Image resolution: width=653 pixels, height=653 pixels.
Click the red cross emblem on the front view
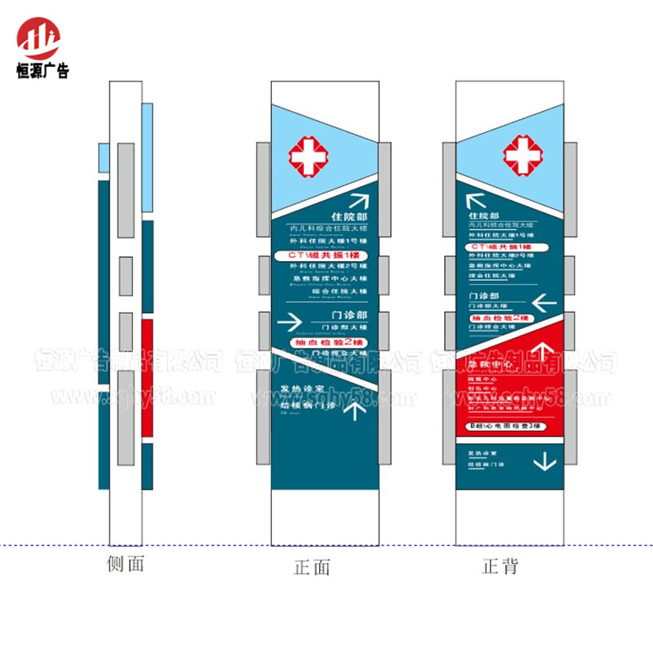click(x=309, y=154)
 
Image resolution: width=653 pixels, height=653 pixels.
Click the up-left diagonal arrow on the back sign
click(x=475, y=201)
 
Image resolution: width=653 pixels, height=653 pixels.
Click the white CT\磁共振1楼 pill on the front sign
click(x=325, y=255)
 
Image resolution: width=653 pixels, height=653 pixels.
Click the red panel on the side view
click(x=147, y=377)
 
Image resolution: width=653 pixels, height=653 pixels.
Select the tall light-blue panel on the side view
click(x=146, y=157)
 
